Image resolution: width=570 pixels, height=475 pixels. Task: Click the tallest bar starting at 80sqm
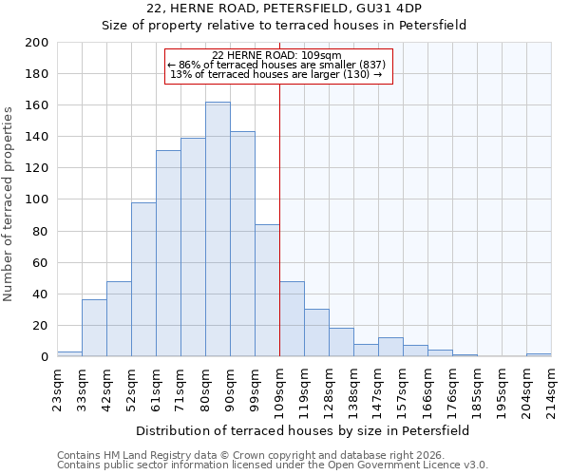point(218,229)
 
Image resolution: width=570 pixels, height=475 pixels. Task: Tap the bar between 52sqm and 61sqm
point(143,279)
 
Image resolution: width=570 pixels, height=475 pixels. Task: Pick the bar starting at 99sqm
point(267,291)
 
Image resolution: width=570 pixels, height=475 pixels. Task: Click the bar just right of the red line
point(292,319)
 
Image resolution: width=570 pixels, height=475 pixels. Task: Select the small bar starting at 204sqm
point(539,354)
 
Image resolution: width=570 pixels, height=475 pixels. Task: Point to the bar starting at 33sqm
point(94,328)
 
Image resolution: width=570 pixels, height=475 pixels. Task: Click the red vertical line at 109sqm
point(279,218)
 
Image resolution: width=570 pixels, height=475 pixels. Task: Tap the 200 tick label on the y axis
point(37,43)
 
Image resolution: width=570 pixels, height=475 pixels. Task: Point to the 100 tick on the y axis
point(37,199)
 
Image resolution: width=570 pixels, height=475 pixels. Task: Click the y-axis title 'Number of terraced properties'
point(9,203)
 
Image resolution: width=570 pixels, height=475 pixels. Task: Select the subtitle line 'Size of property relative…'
point(284,25)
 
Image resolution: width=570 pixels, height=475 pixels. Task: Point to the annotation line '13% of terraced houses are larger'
point(275,74)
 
